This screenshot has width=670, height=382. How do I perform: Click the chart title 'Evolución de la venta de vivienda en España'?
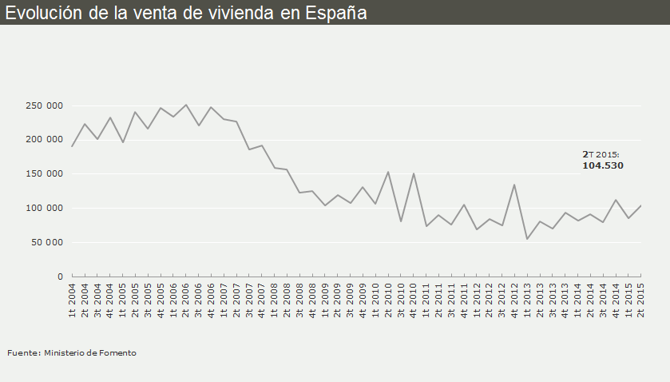coord(186,12)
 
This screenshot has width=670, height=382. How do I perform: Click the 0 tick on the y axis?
coord(59,277)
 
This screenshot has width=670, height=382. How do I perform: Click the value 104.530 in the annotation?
coord(602,166)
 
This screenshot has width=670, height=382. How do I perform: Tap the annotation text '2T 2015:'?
coord(601,154)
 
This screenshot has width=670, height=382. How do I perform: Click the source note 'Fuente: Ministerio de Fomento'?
coord(71,352)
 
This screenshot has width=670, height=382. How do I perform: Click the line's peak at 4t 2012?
coord(514,185)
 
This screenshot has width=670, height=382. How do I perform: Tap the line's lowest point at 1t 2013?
coord(527,239)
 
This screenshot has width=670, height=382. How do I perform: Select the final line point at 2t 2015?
coord(640,205)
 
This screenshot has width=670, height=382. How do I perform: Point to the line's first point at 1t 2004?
coord(73,146)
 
